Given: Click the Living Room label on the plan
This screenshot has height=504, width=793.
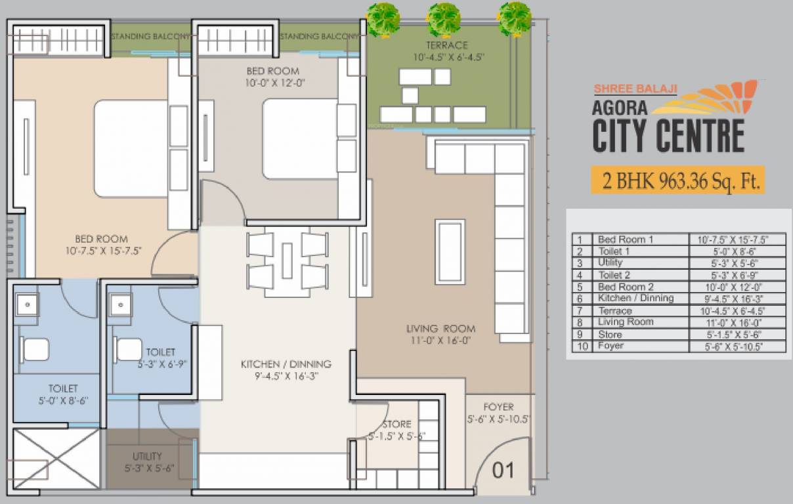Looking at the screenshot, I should [440, 329].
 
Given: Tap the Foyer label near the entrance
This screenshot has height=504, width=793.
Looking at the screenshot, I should [498, 407].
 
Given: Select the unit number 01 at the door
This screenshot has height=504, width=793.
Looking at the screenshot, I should [503, 470].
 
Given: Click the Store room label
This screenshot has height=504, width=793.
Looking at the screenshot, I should [396, 424].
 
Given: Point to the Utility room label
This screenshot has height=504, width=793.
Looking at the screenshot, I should [147, 456].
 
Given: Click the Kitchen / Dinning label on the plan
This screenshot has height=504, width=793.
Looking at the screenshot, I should [286, 364].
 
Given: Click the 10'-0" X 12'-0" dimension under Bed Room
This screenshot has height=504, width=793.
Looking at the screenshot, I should [272, 83].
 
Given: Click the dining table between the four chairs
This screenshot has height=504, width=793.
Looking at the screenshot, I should [287, 261].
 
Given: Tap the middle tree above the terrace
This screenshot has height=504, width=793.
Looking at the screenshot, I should [444, 18].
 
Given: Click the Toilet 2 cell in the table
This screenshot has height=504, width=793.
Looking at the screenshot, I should [614, 275].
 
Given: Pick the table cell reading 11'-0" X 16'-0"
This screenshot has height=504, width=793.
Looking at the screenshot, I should [737, 322].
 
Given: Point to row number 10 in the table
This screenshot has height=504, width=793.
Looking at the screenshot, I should [580, 346].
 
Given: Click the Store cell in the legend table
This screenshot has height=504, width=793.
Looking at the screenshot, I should [610, 334].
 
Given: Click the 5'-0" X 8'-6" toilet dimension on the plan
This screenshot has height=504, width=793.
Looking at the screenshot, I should [63, 400].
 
